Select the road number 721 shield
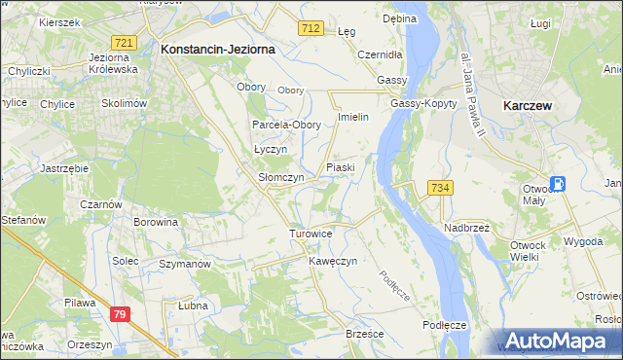[124, 43]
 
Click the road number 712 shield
[311, 29]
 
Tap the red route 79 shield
[120, 314]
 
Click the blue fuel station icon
[559, 184]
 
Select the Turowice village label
[311, 234]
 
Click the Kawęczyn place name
[334, 262]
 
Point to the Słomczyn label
[280, 178]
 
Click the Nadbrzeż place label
[466, 227]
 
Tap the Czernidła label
[380, 54]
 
